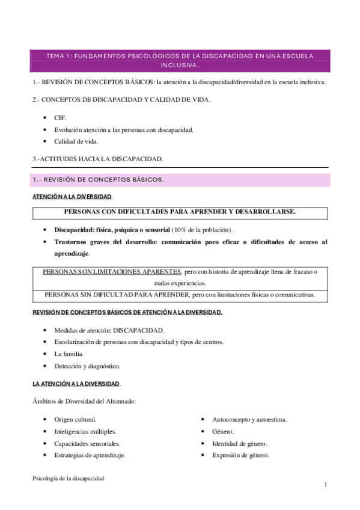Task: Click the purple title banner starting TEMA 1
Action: pyautogui.click(x=180, y=60)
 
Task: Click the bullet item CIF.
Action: pyautogui.click(x=60, y=118)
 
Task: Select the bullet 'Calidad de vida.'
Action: pyautogui.click(x=75, y=141)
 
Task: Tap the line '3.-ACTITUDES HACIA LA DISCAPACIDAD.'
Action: pyautogui.click(x=97, y=159)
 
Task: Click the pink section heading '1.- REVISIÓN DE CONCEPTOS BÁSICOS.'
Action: pyautogui.click(x=98, y=180)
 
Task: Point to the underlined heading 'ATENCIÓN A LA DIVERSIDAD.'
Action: pyautogui.click(x=72, y=197)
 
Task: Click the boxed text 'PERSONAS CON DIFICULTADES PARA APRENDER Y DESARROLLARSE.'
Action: pyautogui.click(x=180, y=212)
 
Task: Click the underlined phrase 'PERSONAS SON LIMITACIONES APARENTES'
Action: pyautogui.click(x=112, y=272)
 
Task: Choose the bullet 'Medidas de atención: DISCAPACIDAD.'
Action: pyautogui.click(x=109, y=330)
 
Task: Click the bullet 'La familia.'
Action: pyautogui.click(x=69, y=354)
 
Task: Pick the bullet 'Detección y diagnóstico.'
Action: pyautogui.click(x=87, y=366)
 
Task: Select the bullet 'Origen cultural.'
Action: pyautogui.click(x=75, y=419)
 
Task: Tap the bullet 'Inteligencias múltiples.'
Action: pyautogui.click(x=85, y=431)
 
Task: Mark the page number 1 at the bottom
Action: pyautogui.click(x=325, y=485)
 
